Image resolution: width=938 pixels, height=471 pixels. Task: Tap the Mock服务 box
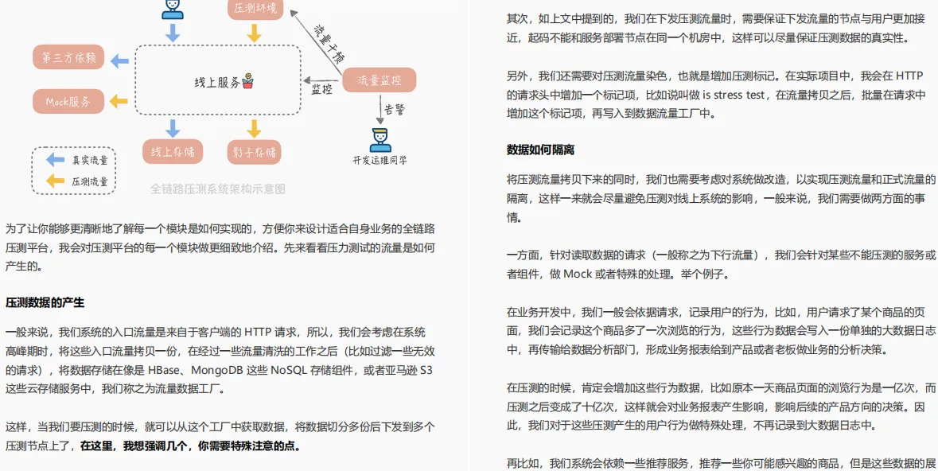coord(68,101)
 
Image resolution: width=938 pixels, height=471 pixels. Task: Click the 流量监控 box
coord(379,80)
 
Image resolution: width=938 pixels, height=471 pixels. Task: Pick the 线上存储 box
coord(173,152)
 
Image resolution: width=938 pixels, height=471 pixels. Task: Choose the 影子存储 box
coord(255,152)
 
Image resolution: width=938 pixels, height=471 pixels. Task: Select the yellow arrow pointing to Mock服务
coord(119,101)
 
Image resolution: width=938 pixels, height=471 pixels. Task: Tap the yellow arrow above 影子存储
coord(254,128)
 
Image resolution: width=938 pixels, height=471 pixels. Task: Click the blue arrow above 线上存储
coord(173,128)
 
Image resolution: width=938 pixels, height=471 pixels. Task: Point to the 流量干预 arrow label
coord(328,45)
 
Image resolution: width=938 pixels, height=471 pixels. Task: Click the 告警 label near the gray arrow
coord(395,109)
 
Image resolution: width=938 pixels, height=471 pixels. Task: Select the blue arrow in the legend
coord(55,159)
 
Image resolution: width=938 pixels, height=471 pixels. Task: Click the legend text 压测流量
coord(89,181)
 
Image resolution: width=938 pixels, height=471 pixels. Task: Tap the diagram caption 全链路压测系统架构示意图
coord(217,189)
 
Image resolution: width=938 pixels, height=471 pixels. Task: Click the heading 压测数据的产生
coord(45,302)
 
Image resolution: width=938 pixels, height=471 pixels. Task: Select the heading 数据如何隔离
coord(540,150)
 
